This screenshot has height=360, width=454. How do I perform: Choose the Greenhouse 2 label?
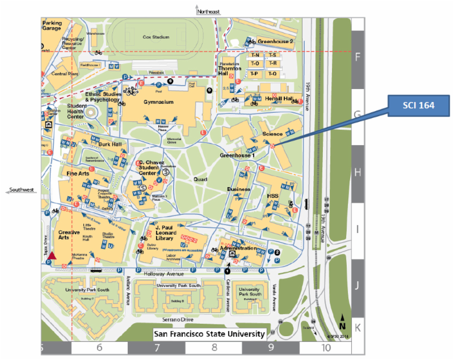[275, 41]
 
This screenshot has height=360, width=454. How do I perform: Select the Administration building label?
[239, 248]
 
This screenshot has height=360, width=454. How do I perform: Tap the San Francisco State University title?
[209, 334]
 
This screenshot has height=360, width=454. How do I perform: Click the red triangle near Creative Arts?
[52, 256]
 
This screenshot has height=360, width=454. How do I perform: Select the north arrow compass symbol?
[342, 323]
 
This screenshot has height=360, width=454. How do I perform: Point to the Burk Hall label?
[110, 145]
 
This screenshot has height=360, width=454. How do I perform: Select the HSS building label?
[273, 196]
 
